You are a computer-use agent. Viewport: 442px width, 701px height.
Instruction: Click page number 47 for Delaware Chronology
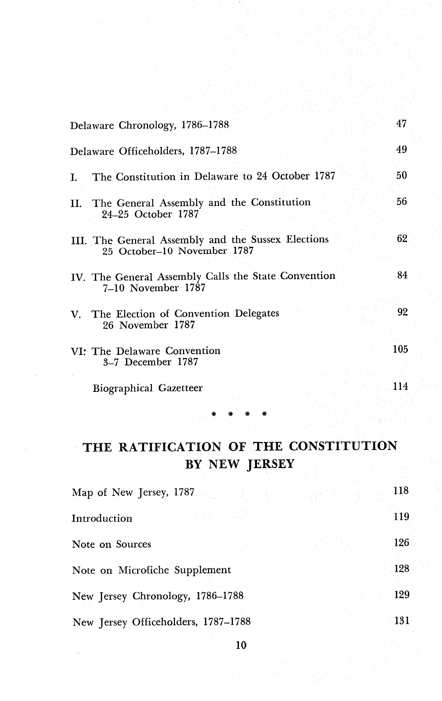[x=401, y=124]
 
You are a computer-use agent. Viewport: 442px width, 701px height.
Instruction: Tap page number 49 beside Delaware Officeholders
[x=401, y=150]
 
